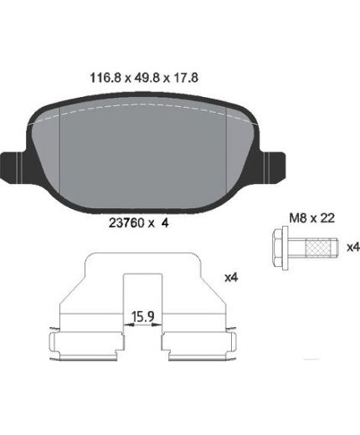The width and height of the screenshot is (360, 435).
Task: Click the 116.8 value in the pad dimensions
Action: coord(105,78)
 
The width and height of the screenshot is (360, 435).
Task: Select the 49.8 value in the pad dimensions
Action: coord(147,78)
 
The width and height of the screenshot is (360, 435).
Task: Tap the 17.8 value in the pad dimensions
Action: coord(186,78)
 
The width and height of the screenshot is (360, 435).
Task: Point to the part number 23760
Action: coord(126,223)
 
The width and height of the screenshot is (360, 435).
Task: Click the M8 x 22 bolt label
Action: coord(311,217)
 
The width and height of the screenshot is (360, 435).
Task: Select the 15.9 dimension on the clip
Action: coord(143,316)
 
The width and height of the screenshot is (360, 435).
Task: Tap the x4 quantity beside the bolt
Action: coord(353,247)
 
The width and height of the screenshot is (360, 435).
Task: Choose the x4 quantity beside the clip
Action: coord(231,278)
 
